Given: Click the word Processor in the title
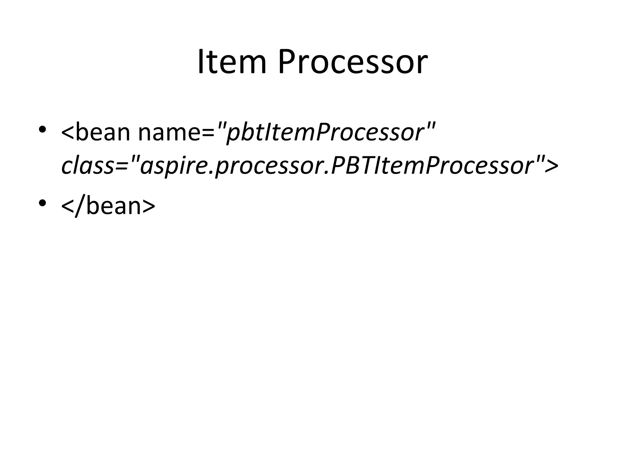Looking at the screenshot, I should [352, 63].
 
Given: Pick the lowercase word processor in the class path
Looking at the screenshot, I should [269, 166].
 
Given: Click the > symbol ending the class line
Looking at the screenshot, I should [551, 166].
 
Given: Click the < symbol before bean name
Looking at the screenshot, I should [68, 133].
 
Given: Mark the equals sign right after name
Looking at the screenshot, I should [209, 133].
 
